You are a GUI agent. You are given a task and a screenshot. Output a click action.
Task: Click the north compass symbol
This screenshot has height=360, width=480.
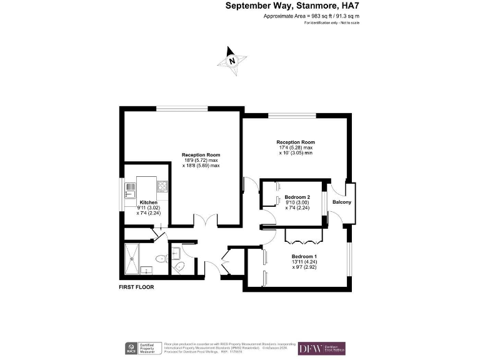coord(231,61)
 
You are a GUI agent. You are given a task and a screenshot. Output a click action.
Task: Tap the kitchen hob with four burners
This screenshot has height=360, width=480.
coord(162,186)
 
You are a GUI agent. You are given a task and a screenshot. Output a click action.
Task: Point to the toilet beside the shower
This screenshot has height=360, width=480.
coord(160,259)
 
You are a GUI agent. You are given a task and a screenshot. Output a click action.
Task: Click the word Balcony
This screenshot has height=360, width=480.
coord(341,202)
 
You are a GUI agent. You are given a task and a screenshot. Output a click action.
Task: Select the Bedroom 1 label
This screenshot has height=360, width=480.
coord(304,257)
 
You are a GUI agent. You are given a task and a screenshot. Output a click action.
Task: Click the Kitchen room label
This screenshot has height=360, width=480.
coord(148,202)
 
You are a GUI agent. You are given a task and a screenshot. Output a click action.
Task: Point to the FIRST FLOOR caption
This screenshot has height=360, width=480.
coord(136,287)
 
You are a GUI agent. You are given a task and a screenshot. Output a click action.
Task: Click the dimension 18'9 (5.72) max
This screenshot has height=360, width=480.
coord(201,161)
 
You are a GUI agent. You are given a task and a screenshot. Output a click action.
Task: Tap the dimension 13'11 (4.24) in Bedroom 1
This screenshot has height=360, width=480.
coord(304,263)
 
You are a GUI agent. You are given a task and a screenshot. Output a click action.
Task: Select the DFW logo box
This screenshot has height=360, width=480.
coord(321,347)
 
